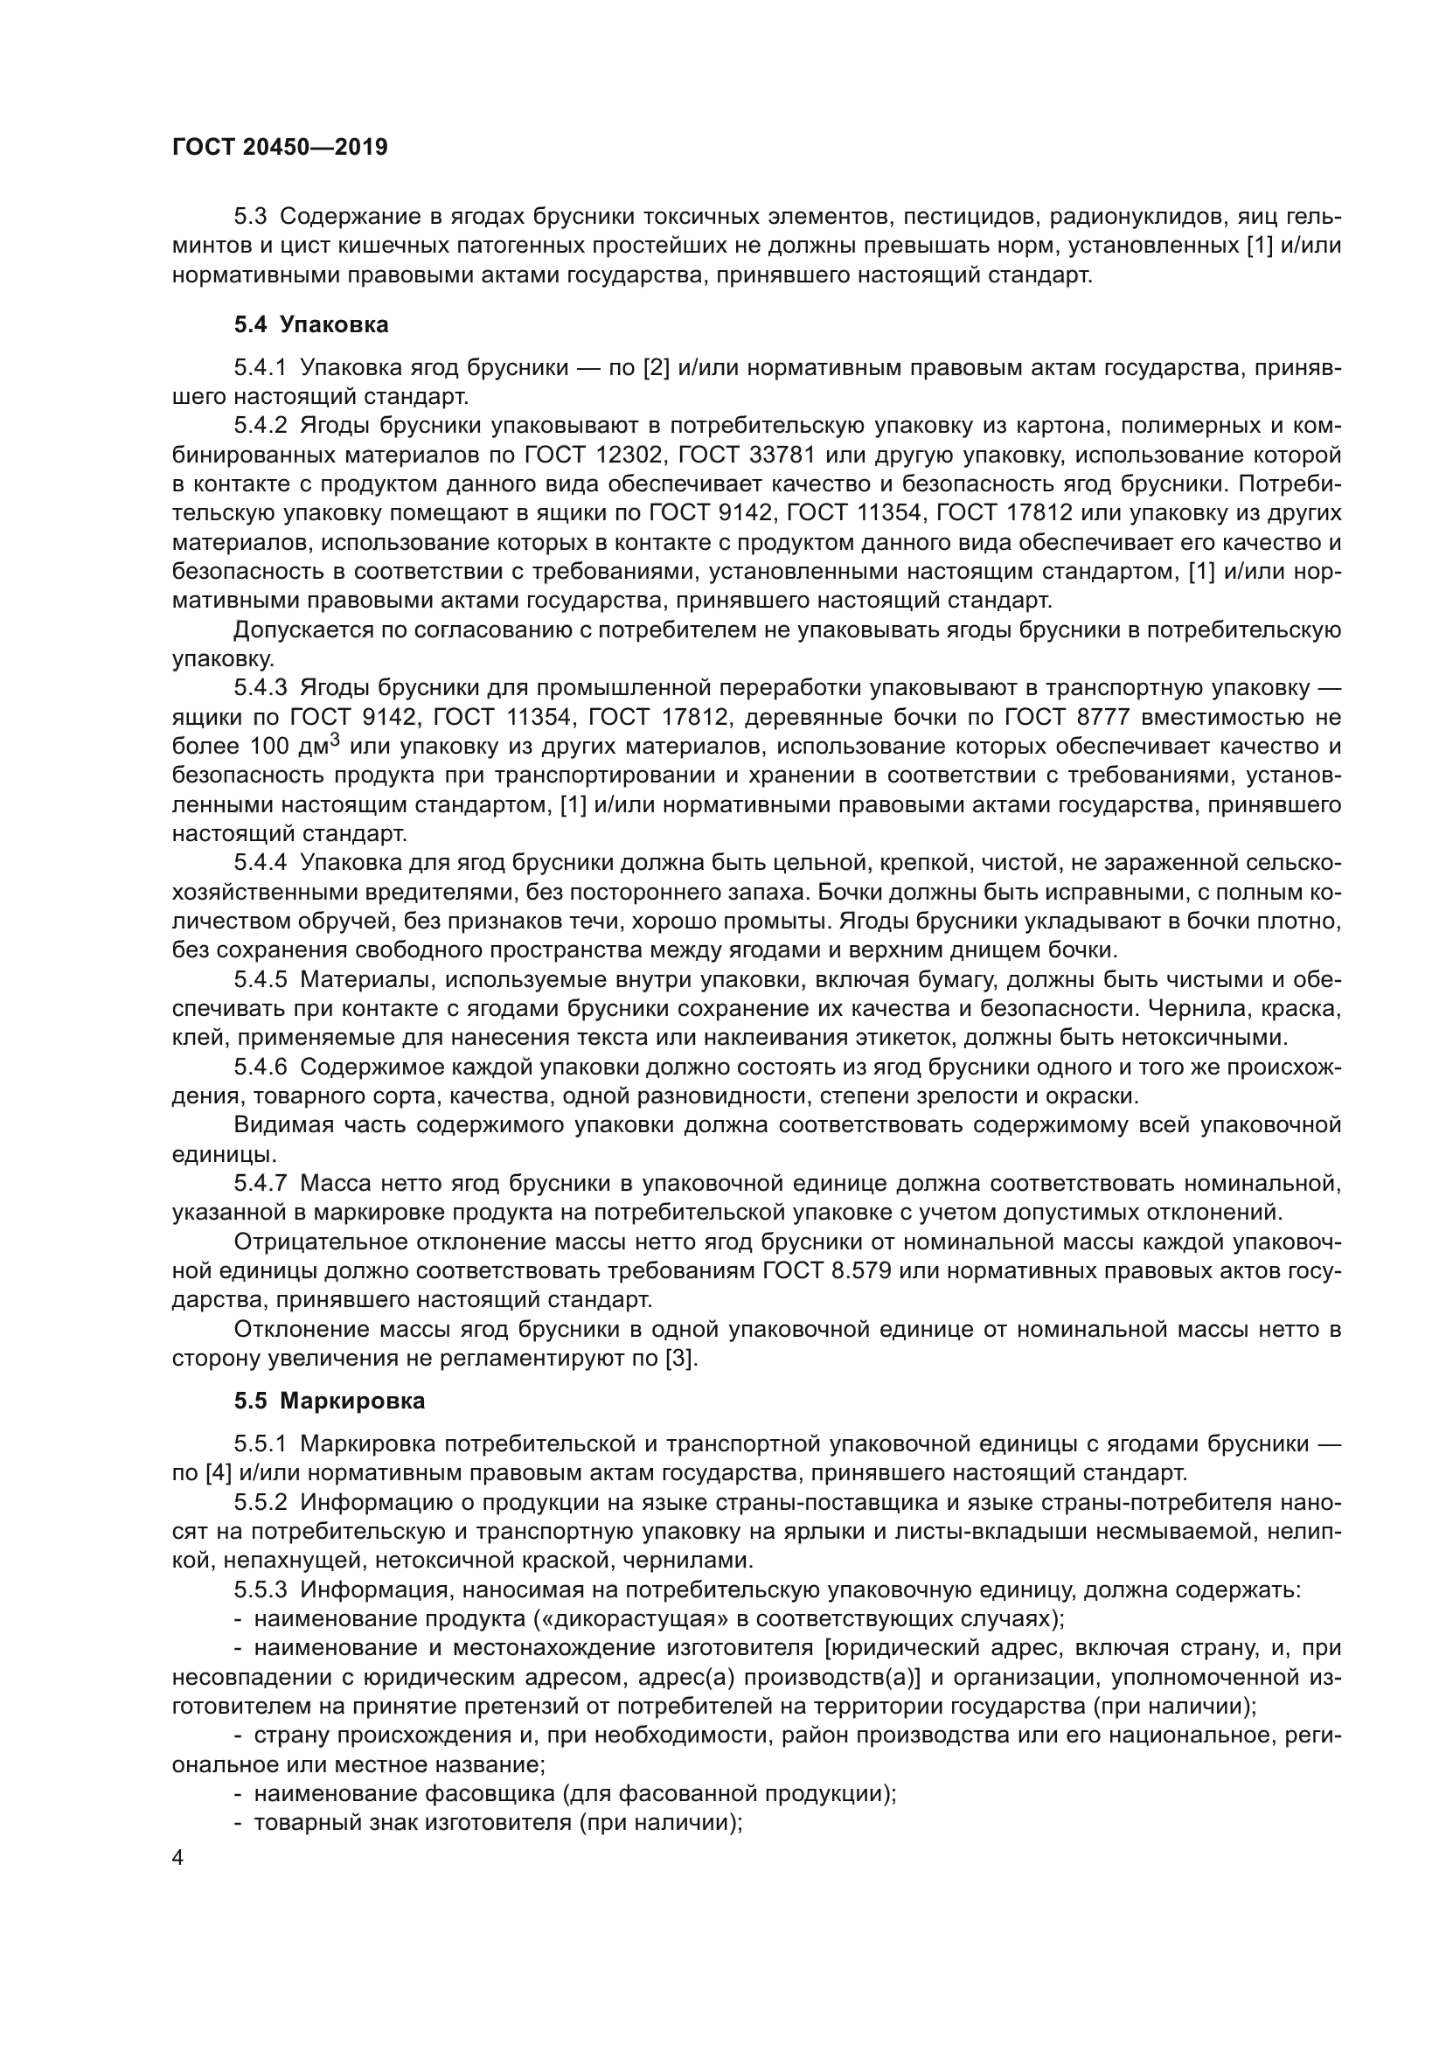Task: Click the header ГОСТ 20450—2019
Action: click(280, 148)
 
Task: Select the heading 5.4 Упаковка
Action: click(310, 325)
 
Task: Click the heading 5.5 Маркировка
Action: click(330, 1401)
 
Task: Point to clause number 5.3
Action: click(250, 217)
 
